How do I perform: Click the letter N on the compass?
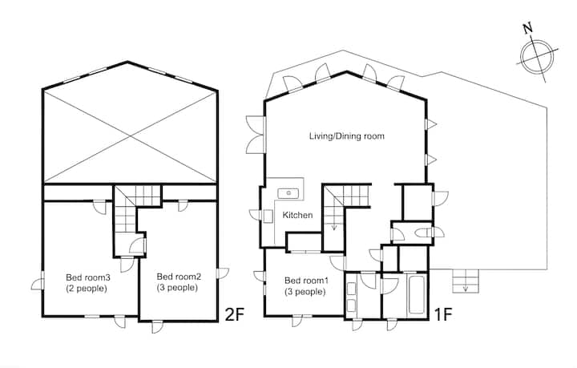click(528, 28)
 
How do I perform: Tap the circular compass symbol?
click(537, 57)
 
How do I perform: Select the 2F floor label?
click(234, 314)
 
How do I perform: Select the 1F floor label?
click(442, 314)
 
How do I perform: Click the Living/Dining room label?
click(347, 136)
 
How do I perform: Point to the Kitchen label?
click(297, 215)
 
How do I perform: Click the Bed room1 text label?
click(306, 281)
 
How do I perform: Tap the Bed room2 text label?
click(179, 277)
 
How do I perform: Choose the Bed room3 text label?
click(88, 277)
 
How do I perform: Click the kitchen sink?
click(289, 192)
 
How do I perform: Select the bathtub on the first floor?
click(416, 294)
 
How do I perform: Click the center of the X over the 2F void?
click(130, 137)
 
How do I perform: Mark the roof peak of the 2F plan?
click(127, 62)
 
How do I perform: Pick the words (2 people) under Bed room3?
click(87, 289)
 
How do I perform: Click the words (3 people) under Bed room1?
click(305, 292)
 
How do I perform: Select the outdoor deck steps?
click(466, 281)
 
